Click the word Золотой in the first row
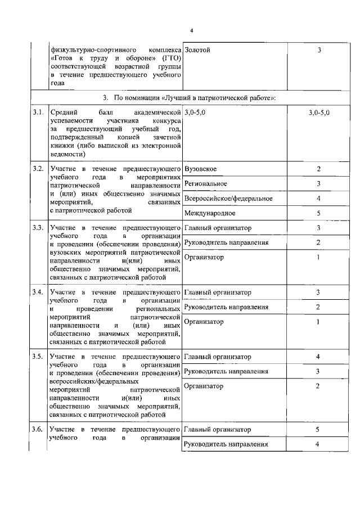tap(197, 51)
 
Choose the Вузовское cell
tap(201, 169)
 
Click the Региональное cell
tap(206, 184)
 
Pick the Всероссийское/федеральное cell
tap(228, 199)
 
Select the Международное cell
tap(210, 213)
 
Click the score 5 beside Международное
tap(318, 213)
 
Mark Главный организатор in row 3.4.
tap(218, 292)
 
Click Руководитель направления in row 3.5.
tap(226, 371)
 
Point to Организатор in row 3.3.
tap(204, 258)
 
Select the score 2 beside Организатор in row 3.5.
tap(318, 386)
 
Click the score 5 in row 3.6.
tap(318, 430)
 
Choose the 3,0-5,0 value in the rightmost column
tap(319, 114)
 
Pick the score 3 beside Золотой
tap(318, 51)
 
